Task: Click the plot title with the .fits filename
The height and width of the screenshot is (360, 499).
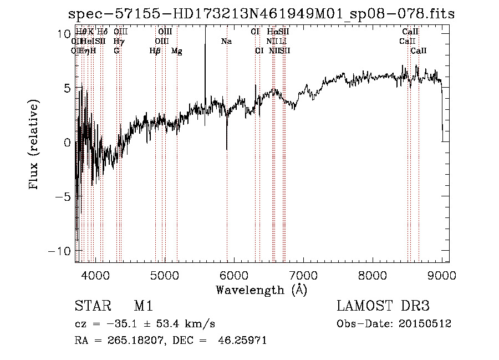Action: (x=261, y=14)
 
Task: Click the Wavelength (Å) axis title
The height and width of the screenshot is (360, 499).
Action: (x=261, y=290)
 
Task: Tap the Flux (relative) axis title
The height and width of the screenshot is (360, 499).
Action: (x=34, y=145)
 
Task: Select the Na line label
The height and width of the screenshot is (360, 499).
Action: (x=226, y=42)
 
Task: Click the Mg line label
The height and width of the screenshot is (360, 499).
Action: (x=177, y=51)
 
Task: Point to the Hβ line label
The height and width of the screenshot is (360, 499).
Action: (x=155, y=51)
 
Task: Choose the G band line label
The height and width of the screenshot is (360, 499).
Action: (x=116, y=51)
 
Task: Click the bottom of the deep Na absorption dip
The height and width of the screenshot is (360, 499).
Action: (x=226, y=149)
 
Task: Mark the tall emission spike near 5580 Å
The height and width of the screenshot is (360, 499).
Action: (x=205, y=33)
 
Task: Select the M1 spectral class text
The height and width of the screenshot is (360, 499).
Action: (x=143, y=306)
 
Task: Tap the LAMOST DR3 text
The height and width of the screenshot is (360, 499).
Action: (x=383, y=306)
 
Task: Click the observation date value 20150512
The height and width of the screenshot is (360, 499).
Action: (x=427, y=323)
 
